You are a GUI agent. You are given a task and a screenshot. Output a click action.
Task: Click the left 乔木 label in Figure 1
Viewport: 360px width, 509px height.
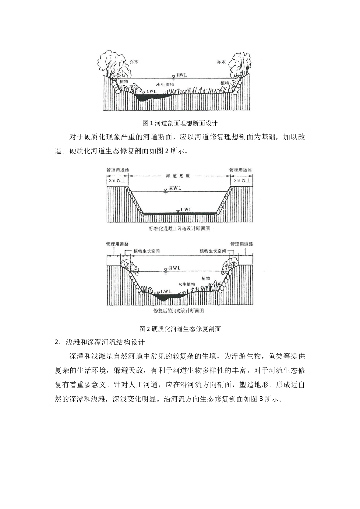point(120,62)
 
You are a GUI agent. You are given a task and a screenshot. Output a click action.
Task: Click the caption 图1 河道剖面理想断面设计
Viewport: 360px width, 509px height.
point(180,122)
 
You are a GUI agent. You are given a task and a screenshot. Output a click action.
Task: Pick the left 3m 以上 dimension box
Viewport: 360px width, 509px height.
point(117,181)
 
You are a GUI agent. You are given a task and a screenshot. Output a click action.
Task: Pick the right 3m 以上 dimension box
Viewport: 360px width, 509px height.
point(241,181)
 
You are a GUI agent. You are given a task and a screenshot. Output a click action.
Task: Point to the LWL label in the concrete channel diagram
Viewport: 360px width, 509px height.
point(187,209)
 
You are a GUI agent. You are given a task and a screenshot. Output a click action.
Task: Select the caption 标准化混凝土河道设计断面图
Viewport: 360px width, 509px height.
point(180,229)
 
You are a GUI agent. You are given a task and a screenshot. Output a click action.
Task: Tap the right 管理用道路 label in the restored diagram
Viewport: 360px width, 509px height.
point(242,244)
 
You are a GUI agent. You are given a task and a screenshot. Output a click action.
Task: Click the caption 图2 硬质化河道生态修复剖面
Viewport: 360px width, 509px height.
point(180,329)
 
